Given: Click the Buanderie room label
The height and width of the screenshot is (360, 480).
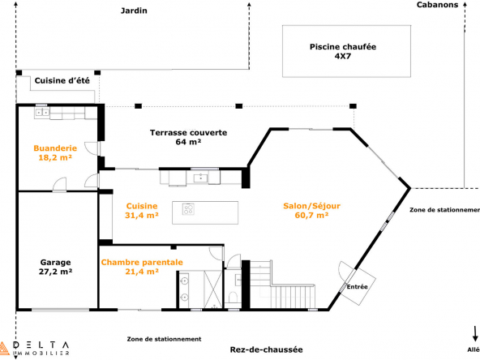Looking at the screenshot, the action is point(55,152).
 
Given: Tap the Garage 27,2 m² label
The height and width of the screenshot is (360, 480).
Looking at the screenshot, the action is point(55,267).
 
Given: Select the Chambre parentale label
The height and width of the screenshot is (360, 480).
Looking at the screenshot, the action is point(142,267).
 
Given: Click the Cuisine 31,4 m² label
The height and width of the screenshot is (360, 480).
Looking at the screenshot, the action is point(142,211).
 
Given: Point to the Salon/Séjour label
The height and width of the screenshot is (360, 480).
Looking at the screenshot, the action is point(311,211).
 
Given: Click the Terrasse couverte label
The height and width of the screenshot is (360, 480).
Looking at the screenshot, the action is point(189,137).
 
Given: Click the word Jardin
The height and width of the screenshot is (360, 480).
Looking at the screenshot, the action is point(134,11).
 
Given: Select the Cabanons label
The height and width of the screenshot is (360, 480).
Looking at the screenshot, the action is point(438,5).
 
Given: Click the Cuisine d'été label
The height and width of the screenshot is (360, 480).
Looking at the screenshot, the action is point(62,80).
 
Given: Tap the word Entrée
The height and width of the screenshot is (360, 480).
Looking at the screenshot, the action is point(357,287).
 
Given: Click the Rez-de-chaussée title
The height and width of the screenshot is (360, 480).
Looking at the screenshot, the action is point(266,349).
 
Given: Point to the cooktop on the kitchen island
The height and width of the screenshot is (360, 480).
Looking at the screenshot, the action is point(188,209).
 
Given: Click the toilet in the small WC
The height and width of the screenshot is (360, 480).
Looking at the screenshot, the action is point(233,297).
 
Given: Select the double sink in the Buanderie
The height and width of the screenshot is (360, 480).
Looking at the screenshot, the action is point(42,113).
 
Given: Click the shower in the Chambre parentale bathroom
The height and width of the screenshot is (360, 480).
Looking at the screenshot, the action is point(213,289).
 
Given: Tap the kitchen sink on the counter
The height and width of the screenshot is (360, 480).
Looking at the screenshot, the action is point(200,178).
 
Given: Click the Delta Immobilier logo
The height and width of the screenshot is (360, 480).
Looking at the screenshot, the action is point(34,349).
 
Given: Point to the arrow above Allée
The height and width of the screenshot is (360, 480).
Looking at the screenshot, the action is point(475,334).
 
